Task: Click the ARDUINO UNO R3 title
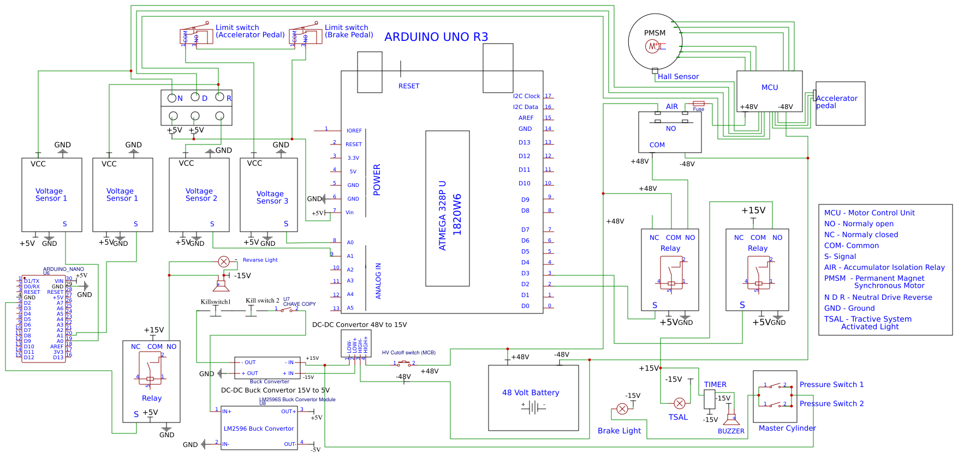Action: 436,37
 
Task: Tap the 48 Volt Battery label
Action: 531,392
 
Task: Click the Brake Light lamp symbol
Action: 622,409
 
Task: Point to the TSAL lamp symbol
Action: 680,403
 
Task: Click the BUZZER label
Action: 731,431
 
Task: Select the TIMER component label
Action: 715,384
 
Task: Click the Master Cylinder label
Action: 787,428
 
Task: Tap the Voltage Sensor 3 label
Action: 272,197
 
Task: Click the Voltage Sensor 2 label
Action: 201,195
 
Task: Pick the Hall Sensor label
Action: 678,77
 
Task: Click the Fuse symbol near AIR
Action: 698,104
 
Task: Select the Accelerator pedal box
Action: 840,104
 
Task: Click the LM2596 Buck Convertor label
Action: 259,428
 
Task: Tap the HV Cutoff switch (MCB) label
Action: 408,353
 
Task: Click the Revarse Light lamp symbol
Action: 223,261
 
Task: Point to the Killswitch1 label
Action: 216,301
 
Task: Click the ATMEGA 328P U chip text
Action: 442,215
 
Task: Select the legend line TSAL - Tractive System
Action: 867,319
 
